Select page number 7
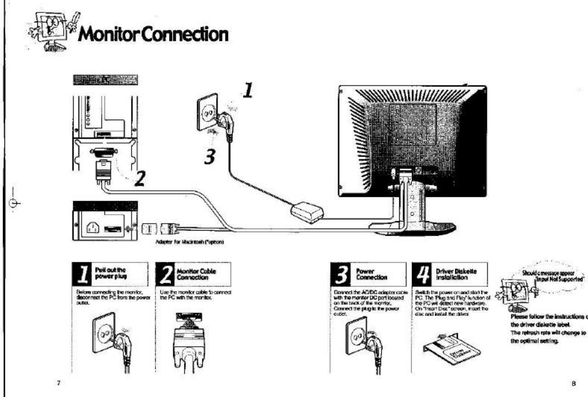click(58, 384)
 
